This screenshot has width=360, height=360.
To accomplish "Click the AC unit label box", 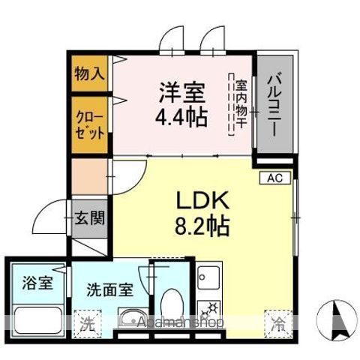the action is click(275, 178).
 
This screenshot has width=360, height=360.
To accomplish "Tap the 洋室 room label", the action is click(182, 93).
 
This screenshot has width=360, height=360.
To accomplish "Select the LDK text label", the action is click(202, 200).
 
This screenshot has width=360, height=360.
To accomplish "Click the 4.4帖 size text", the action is click(181, 117).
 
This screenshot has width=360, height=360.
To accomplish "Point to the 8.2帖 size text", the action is click(202, 226).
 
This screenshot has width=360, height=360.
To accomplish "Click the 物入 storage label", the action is click(89, 73).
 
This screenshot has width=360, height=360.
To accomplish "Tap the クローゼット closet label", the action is click(90, 125).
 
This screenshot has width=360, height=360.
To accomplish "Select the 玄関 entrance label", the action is click(90, 217).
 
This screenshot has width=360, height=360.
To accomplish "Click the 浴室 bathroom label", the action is click(37, 283).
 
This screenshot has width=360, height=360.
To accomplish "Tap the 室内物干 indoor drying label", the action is click(241, 104).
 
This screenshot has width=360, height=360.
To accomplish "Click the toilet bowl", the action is click(171, 304).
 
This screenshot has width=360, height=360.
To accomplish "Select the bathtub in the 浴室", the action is click(37, 320).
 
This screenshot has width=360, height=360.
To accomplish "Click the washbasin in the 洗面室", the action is click(133, 319).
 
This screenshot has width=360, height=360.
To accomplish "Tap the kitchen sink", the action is click(209, 277).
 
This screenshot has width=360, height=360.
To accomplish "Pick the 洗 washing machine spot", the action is click(88, 324).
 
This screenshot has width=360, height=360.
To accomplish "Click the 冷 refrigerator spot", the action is click(278, 324).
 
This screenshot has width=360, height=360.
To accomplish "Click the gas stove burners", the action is click(209, 310).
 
